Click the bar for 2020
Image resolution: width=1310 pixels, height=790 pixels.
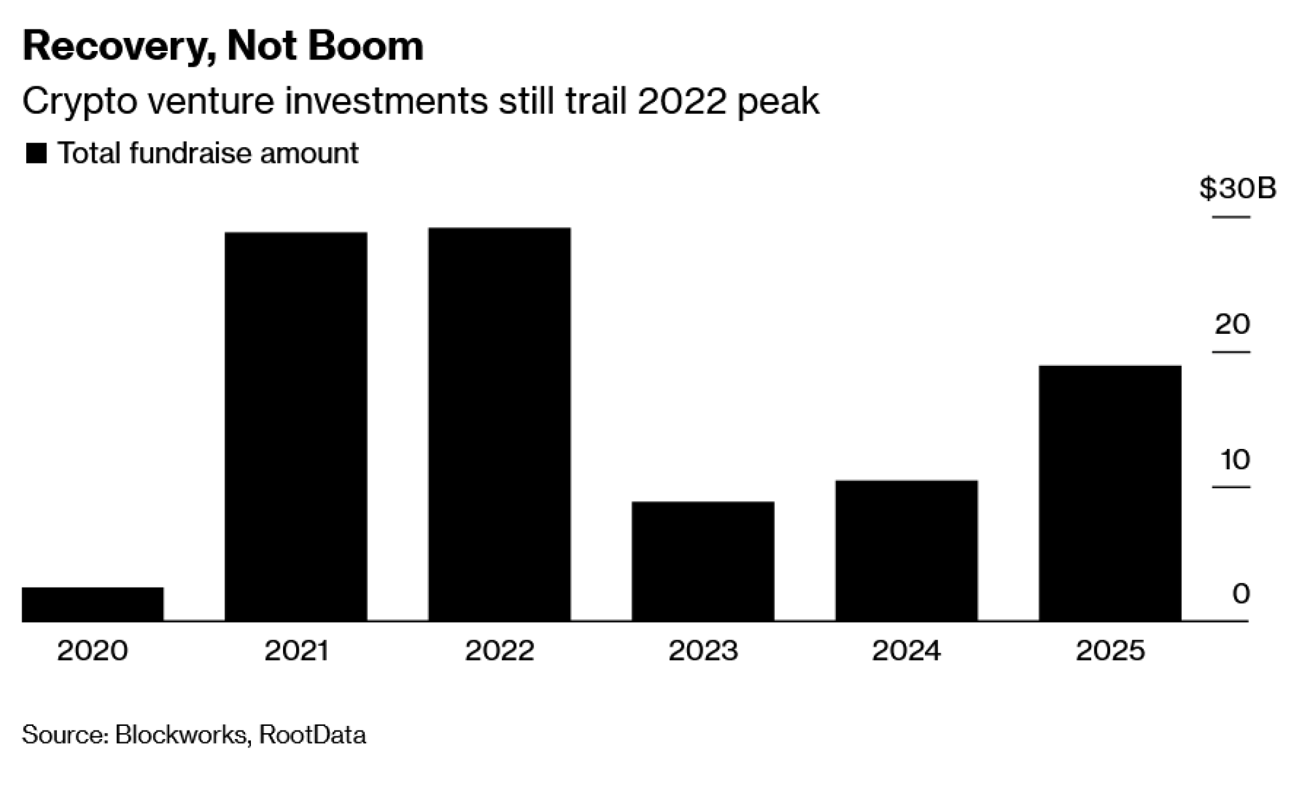[x=92, y=604]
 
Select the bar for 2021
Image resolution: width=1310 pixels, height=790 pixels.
[x=295, y=426]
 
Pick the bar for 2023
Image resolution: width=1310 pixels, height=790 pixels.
[x=703, y=561]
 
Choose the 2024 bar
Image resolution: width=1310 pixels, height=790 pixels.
[x=907, y=550]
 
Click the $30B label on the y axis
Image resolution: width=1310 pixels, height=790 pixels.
[x=1237, y=189]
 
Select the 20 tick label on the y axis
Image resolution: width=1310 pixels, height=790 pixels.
[x=1232, y=324]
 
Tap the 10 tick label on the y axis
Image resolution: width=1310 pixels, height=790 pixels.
[x=1235, y=460]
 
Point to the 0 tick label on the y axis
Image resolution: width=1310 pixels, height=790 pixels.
[x=1241, y=594]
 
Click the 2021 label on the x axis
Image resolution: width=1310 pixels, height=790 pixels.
[x=296, y=651]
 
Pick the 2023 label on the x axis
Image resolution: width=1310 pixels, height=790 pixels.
[x=703, y=651]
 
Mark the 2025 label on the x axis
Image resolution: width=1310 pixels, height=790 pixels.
[x=1110, y=651]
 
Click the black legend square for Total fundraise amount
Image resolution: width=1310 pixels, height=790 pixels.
[x=36, y=154]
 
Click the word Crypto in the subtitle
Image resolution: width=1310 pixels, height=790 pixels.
[x=79, y=102]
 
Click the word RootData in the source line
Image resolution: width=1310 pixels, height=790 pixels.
[x=312, y=734]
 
